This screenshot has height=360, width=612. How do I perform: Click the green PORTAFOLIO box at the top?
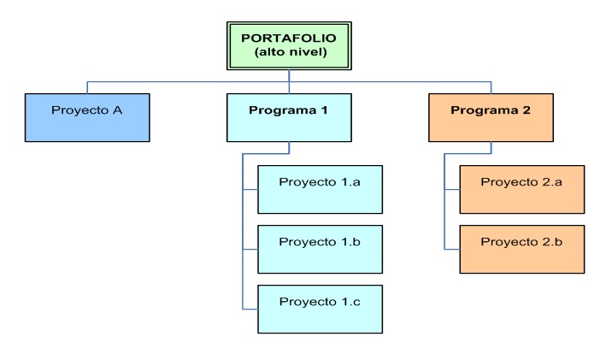pyautogui.click(x=289, y=45)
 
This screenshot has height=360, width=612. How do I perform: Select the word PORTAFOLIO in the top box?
pyautogui.click(x=289, y=38)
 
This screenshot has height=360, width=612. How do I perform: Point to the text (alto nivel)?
pyautogui.click(x=289, y=53)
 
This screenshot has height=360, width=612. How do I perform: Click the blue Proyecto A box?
pyautogui.click(x=87, y=117)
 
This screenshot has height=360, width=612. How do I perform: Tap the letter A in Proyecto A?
pyautogui.click(x=120, y=110)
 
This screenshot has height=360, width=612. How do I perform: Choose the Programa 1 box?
pyautogui.click(x=289, y=117)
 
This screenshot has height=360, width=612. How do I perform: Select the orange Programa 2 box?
pyautogui.click(x=491, y=117)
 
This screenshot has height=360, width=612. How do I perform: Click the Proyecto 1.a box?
pyautogui.click(x=320, y=189)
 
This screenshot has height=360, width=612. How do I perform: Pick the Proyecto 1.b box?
pyautogui.click(x=320, y=249)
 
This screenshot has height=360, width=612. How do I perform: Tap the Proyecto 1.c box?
pyautogui.click(x=320, y=309)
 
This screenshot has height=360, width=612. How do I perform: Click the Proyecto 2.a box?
pyautogui.click(x=521, y=189)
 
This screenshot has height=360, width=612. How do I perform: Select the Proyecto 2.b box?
pyautogui.click(x=521, y=249)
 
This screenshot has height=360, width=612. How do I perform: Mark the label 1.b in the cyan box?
pyautogui.click(x=348, y=242)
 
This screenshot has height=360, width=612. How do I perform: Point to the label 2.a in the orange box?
pyautogui.click(x=550, y=182)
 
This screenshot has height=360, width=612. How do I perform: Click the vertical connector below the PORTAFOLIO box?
pyautogui.click(x=289, y=76)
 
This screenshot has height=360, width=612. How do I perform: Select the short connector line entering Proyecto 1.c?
pyautogui.click(x=250, y=309)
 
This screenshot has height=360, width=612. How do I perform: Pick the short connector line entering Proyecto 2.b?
pyautogui.click(x=452, y=249)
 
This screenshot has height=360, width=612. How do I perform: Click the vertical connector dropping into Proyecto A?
pyautogui.click(x=87, y=87)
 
